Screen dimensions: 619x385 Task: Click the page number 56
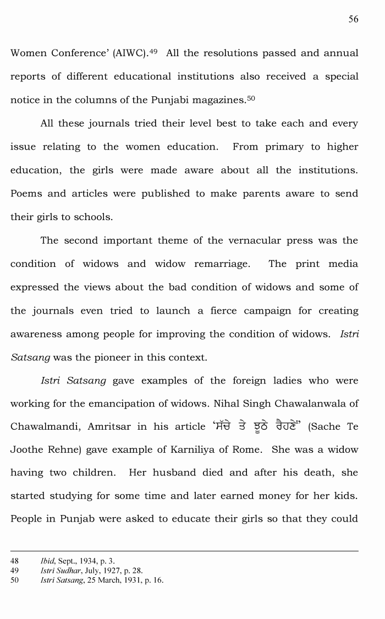point(353,19)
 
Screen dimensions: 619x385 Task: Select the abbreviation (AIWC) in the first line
point(130,53)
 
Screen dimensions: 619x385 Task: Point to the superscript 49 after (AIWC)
point(154,51)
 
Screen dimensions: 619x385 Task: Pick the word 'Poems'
point(25,194)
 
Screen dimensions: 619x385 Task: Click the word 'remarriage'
point(222,264)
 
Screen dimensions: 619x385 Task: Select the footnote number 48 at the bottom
point(15,561)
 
